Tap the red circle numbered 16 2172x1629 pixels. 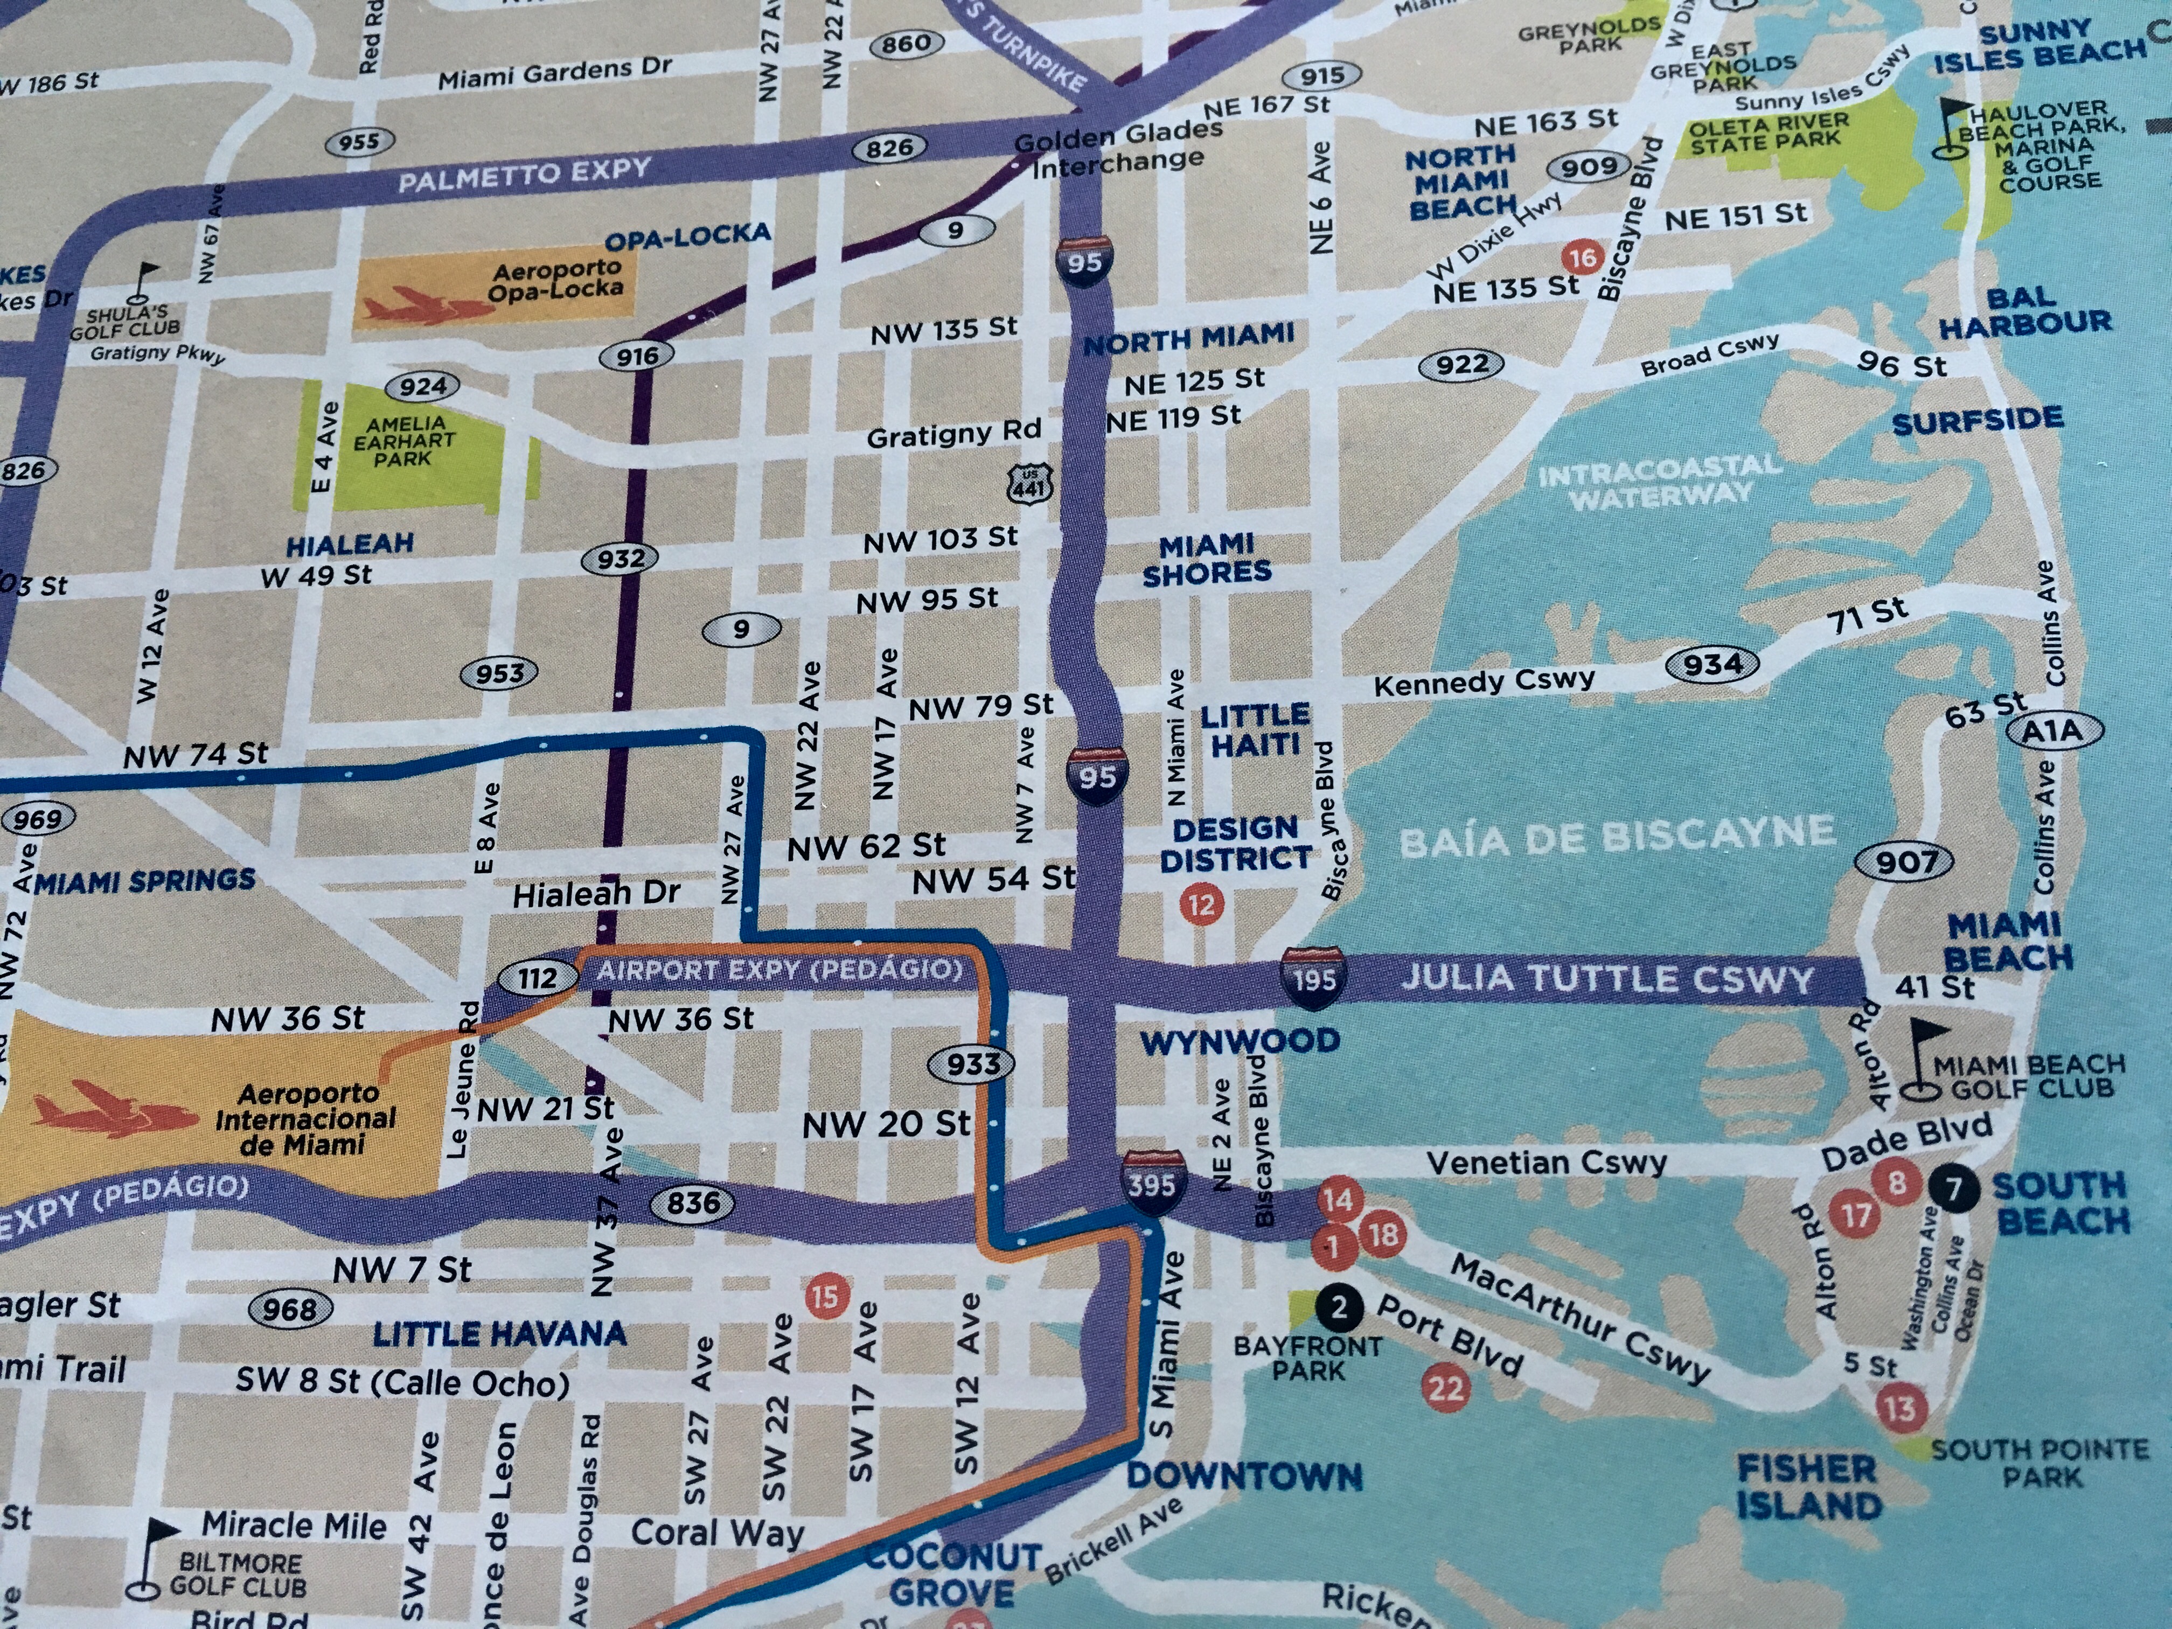click(1582, 258)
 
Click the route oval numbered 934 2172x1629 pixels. click(1712, 665)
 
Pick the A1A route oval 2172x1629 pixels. click(2051, 730)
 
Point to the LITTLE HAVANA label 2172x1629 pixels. click(499, 1333)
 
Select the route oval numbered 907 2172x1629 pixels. click(1904, 862)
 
